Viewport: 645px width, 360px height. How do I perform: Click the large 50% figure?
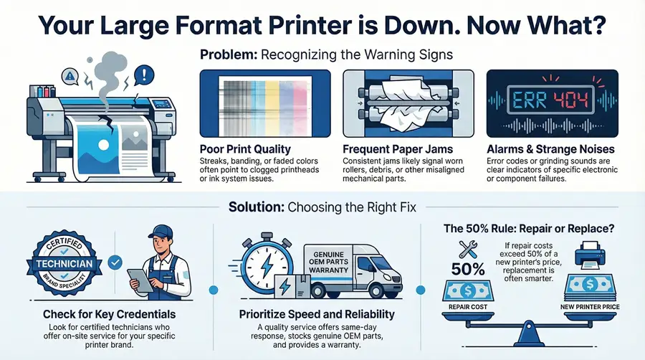coord(469,270)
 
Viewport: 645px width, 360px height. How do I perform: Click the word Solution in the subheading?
coord(255,207)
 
